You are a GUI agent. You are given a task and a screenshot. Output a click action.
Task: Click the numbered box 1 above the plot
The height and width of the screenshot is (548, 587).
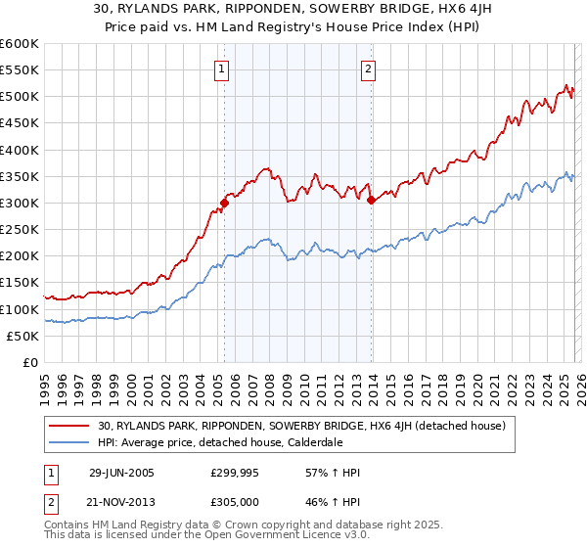click(223, 68)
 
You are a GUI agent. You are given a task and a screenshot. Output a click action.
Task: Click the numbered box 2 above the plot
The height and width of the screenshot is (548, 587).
click(369, 68)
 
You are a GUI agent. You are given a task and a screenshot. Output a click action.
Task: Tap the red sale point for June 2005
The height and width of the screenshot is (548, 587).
click(224, 204)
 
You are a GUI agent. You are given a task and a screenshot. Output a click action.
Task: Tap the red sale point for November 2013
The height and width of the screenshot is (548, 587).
click(371, 201)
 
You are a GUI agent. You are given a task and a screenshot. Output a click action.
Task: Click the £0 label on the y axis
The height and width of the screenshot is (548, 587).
click(29, 362)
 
